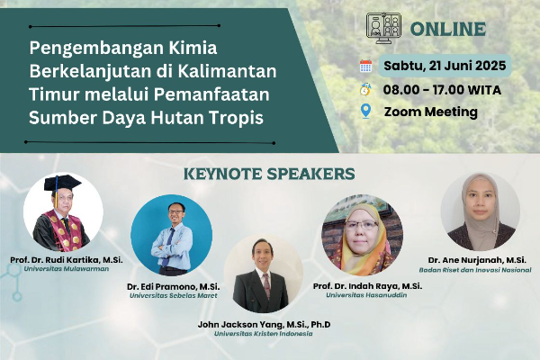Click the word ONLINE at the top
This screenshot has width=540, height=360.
pos(448,29)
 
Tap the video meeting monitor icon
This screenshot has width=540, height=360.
pos(383,28)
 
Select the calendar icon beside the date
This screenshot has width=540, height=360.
pos(365,66)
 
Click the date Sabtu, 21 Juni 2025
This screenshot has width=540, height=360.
pos(445,66)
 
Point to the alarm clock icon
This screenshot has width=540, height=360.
pos(365,89)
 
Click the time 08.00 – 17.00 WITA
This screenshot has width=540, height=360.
pos(442,90)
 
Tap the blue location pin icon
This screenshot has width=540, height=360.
pos(365,112)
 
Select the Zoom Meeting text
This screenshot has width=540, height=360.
pos(431,112)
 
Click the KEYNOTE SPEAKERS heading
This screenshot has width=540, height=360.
pos(269,174)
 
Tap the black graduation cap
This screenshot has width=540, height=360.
pos(62,184)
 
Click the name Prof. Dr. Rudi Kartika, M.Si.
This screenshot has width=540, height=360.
pos(66,260)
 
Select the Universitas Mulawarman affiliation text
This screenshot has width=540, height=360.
pos(66,269)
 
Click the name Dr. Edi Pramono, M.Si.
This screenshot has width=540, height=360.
pos(173,286)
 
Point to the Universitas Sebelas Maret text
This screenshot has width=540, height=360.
pos(173,295)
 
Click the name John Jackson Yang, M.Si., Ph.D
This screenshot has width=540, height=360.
pos(264,325)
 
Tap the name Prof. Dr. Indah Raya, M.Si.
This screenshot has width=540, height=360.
pos(367,286)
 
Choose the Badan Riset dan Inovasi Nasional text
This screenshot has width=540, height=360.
pos(475,270)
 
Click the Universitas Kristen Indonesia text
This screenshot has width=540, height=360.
pos(264,334)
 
